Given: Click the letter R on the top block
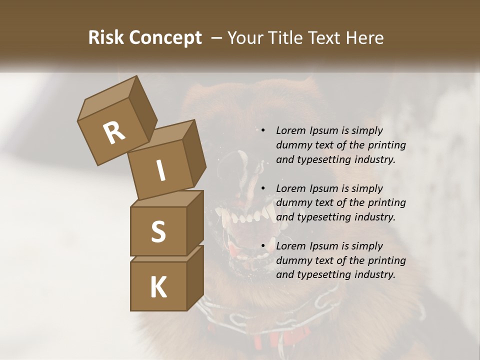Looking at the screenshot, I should (x=114, y=133).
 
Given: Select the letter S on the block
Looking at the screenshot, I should (x=158, y=231).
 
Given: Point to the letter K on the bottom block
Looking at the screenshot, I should (x=158, y=287).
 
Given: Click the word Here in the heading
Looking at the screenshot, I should (x=364, y=38).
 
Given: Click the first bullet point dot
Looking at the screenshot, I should (x=263, y=130).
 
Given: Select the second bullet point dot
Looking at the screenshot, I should (x=263, y=188).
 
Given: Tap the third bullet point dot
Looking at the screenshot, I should (x=263, y=246).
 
